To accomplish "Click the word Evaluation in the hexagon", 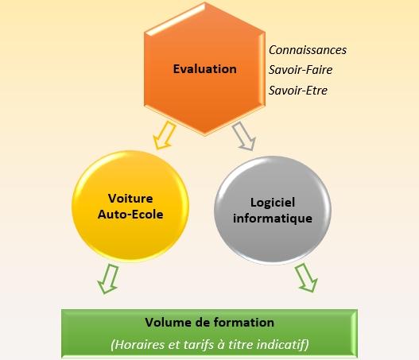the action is [204, 69].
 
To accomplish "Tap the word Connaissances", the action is [308, 50].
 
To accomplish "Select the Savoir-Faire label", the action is [301, 70].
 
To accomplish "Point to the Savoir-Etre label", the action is [298, 91].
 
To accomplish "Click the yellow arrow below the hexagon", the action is [165, 135].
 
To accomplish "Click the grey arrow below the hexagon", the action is [244, 136].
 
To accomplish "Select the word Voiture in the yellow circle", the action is [130, 199].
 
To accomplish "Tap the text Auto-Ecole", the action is [130, 215].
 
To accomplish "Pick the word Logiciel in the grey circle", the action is [273, 203].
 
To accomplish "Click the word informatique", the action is [273, 219].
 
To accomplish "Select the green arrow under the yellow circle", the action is [108, 279].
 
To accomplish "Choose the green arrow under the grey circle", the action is [306, 277].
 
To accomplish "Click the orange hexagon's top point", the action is [205, 2].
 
